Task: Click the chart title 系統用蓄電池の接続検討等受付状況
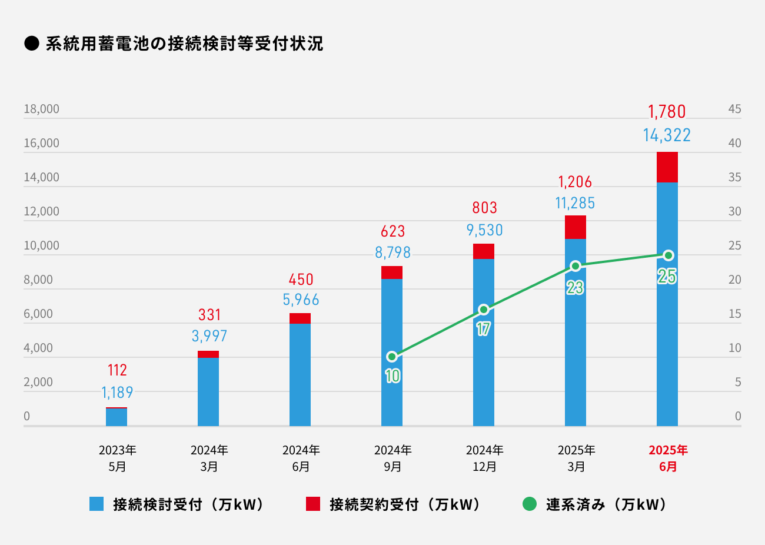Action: tap(184, 44)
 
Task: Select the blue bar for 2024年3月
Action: tap(208, 391)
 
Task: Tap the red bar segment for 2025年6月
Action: tap(667, 167)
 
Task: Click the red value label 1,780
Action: tap(667, 112)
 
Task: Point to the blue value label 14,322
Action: tap(667, 135)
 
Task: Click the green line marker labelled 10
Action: tap(392, 357)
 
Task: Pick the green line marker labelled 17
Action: tap(484, 310)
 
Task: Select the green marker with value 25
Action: tap(668, 255)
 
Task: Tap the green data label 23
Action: tap(575, 288)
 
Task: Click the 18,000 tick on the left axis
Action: tap(41, 109)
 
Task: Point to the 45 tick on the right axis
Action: tap(734, 109)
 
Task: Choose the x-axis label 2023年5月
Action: tap(117, 458)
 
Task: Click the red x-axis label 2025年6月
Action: tap(668, 458)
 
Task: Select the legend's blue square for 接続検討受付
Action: tap(97, 504)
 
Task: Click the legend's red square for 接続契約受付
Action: tap(313, 504)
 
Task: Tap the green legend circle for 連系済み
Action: tap(530, 504)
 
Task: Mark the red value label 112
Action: tap(117, 370)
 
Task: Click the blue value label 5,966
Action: tap(301, 300)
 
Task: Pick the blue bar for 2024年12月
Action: tap(484, 342)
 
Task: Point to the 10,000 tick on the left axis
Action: tap(41, 245)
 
